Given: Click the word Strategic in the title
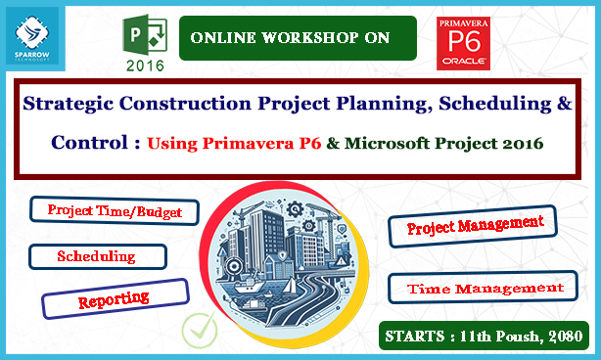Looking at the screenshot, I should coord(66,102).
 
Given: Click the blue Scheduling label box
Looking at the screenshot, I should coord(97,256).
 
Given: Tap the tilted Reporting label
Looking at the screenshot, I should coord(114,297).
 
